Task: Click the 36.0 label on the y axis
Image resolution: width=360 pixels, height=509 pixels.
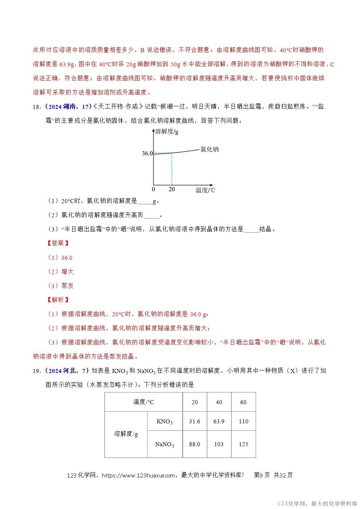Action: (x=147, y=153)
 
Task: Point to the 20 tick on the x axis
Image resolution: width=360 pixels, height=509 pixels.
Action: (x=172, y=189)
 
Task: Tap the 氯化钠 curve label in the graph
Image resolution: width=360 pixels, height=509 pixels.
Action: (x=209, y=149)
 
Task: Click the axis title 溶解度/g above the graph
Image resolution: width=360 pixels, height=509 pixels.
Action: (x=167, y=132)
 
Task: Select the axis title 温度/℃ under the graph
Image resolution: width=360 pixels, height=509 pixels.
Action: (x=205, y=190)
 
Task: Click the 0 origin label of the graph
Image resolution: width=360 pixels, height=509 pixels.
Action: (x=153, y=189)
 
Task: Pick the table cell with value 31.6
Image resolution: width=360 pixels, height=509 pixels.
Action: (x=195, y=422)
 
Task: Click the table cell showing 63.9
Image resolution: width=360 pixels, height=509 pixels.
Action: (x=219, y=422)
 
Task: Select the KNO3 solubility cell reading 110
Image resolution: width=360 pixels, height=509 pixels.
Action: (x=244, y=422)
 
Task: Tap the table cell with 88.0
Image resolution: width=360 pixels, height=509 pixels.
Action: (x=195, y=444)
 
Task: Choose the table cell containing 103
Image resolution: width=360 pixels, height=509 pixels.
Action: (x=219, y=444)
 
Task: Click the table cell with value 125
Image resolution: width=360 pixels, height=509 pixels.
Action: (x=244, y=444)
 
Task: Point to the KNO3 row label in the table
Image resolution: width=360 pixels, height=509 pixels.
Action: (x=164, y=422)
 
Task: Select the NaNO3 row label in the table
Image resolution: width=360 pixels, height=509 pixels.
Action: (x=164, y=444)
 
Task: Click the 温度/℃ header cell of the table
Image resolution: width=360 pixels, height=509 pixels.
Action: (x=143, y=402)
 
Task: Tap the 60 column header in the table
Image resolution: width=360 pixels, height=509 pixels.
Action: (x=244, y=402)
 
